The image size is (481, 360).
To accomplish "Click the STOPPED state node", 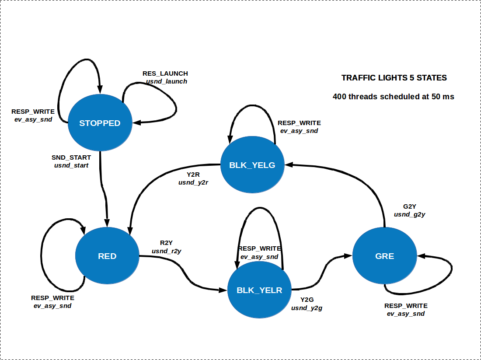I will coord(100,123).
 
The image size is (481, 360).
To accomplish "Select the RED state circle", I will coord(107,256).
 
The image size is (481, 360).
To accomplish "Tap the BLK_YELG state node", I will coord(252,165).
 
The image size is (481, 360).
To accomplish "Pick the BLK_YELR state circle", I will coord(259,290).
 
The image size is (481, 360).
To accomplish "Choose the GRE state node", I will coord(384,256).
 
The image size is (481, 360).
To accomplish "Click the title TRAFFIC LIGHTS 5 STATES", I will coord(394,78).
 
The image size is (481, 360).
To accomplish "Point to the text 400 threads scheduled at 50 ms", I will coord(393,97).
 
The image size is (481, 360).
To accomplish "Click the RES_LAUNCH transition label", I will coord(165,73).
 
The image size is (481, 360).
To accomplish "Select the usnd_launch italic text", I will coord(167,81).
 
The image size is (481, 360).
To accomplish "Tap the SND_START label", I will coord(71,157).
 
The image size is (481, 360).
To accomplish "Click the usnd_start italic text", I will coord(71,165).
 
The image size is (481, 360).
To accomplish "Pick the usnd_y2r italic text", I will coord(193,182).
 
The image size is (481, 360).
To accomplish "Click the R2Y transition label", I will coord(166,243).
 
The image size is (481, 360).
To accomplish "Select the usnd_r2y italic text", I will coord(166,251).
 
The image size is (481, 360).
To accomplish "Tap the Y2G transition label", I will coord(307,300).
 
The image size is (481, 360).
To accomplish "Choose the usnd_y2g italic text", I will coord(307,308).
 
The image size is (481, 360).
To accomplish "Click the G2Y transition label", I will coord(410,206).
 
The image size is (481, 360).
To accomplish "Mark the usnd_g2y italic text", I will coord(410,214).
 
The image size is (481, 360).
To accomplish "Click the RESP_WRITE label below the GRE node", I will coord(406,306).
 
